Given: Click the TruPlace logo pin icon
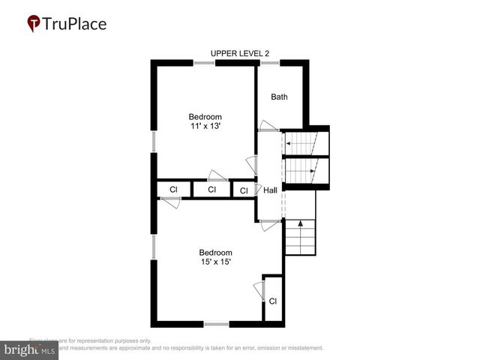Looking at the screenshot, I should coord(34,24).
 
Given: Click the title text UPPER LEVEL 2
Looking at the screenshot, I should coord(239,53).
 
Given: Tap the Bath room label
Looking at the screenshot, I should coord(279,97).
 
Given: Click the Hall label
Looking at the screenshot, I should coord(270,190).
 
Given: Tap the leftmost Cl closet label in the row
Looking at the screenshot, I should coord(173,190).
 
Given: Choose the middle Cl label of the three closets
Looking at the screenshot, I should coord(212,190).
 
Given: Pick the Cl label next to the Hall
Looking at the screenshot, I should coord(244,191).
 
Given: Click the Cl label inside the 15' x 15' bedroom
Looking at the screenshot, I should coord(273,301).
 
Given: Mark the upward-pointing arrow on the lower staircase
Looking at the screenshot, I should coord(301,223).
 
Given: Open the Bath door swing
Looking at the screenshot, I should coord(266,125).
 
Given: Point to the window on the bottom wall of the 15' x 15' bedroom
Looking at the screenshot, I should coord(217,324).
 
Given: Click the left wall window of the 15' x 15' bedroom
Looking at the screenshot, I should coord(154,246).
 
